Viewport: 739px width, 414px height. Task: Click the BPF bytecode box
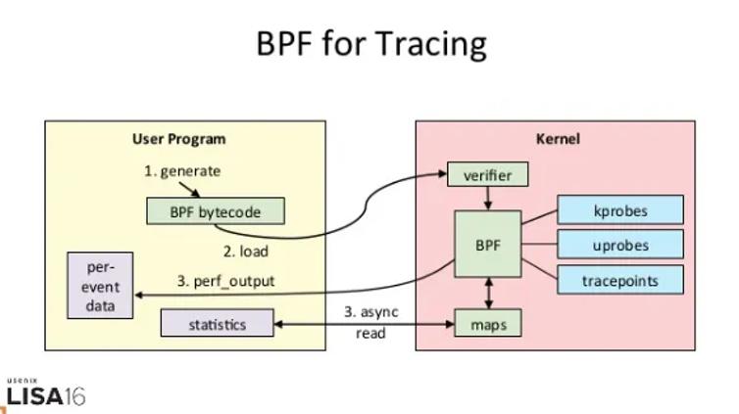[216, 210]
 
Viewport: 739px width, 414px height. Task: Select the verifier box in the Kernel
[487, 174]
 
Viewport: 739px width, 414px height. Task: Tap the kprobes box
[620, 209]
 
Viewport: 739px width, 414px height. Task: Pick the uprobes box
[620, 244]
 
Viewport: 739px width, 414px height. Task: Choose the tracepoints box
[620, 280]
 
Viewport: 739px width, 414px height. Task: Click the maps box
[488, 323]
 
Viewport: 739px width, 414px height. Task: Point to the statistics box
[218, 323]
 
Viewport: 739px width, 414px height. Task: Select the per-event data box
[100, 286]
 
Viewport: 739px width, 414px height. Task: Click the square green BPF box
[488, 244]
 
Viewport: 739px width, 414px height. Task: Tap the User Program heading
[179, 139]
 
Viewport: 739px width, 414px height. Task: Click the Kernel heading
[558, 139]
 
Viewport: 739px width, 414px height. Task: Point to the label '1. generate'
[182, 171]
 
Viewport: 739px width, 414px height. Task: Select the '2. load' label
[246, 252]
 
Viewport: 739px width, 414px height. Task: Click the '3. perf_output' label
[225, 281]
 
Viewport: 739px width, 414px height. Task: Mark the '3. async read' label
[370, 322]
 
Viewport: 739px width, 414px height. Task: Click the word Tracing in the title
[431, 43]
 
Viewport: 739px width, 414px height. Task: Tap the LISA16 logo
[46, 392]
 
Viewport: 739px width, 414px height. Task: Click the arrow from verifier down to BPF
[488, 199]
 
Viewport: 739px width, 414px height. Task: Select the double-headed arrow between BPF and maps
[489, 293]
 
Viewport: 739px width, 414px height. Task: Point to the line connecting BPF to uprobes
[540, 244]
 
